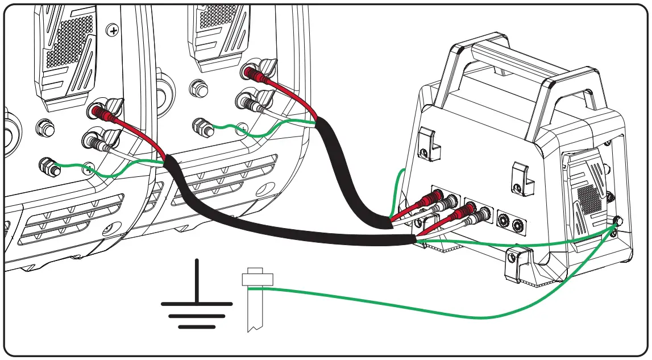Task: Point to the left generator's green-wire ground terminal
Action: [47, 167]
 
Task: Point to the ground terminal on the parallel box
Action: [618, 221]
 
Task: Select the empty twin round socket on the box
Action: [510, 218]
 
